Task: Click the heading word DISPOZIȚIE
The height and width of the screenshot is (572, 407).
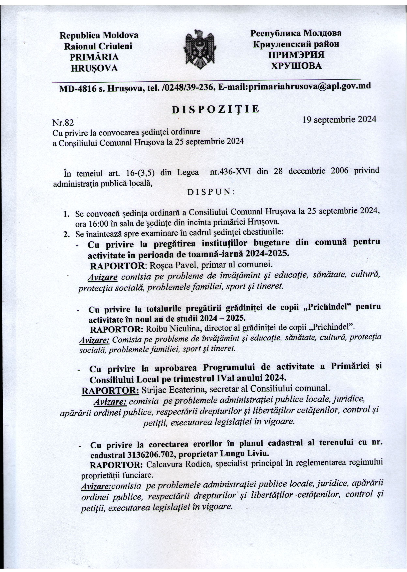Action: point(215,110)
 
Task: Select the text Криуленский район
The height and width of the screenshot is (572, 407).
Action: point(296,44)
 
